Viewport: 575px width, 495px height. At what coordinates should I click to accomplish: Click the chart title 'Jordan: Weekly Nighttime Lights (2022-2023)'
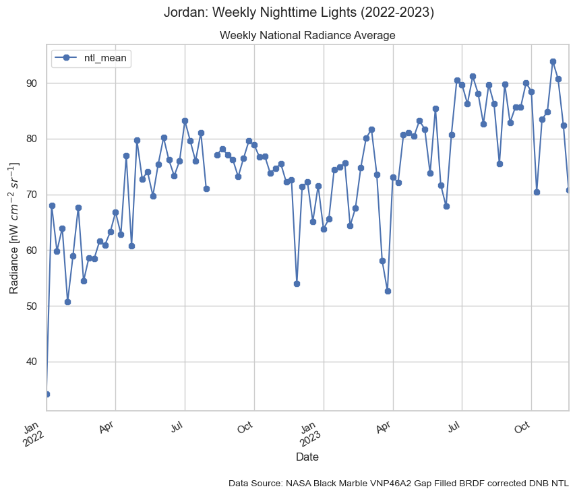[x=299, y=13]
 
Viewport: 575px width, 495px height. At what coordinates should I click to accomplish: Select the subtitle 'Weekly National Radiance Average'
[x=307, y=35]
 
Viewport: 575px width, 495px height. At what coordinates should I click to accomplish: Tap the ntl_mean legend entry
[x=90, y=59]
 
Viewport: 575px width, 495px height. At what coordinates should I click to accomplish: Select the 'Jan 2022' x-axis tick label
[x=32, y=434]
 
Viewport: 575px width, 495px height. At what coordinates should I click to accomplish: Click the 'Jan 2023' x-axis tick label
[x=309, y=434]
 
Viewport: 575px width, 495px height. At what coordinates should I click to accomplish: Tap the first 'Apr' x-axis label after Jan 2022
[x=107, y=429]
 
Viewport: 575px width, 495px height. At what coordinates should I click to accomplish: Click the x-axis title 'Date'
[x=307, y=457]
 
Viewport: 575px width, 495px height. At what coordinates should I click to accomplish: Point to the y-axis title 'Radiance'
[x=14, y=228]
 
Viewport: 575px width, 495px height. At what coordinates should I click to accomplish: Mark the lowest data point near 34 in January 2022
[x=47, y=394]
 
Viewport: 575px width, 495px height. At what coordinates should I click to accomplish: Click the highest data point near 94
[x=553, y=61]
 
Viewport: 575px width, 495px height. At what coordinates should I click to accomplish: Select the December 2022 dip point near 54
[x=297, y=284]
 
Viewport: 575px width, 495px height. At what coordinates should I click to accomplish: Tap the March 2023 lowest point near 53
[x=388, y=291]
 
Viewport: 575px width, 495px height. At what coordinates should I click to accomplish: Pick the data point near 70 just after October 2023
[x=537, y=192]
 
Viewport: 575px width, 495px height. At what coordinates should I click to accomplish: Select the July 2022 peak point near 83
[x=185, y=121]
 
